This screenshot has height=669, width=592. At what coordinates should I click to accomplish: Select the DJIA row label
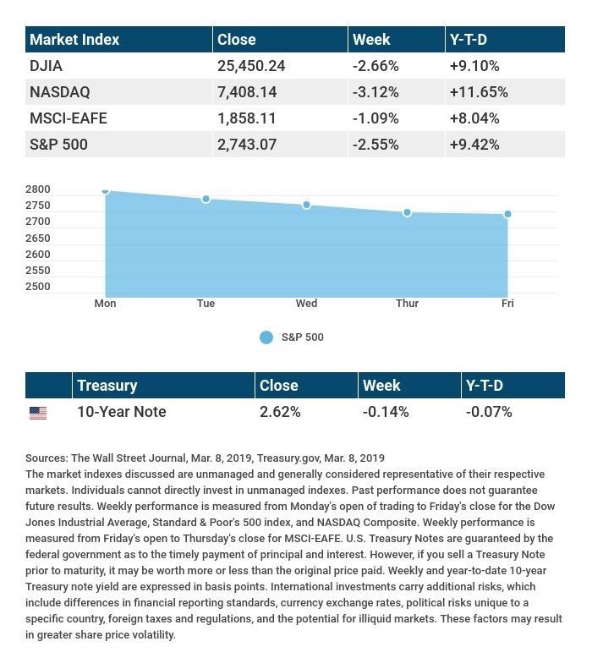[46, 65]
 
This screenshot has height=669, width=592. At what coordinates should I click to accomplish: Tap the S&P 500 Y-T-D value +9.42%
[474, 145]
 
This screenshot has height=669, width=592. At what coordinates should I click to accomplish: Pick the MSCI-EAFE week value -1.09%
[375, 118]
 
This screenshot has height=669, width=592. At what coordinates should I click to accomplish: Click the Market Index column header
[74, 39]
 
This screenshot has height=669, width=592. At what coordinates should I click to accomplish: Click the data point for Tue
[206, 199]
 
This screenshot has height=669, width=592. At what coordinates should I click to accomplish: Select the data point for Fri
[507, 214]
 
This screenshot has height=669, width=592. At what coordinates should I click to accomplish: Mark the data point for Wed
[306, 205]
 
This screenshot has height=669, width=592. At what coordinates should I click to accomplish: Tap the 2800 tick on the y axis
[38, 189]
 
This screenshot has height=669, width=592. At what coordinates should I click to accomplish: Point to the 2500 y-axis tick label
[38, 287]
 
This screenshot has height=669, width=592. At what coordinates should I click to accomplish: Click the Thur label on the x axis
[407, 304]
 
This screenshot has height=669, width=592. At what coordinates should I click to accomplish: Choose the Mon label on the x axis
[105, 304]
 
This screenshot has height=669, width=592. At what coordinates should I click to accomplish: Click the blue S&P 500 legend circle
[266, 337]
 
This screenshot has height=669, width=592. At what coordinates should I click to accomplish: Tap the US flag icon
[38, 413]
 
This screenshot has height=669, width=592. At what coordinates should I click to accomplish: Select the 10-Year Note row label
[121, 412]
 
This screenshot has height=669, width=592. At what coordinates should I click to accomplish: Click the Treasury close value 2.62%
[280, 412]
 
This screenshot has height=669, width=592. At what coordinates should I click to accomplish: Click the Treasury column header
[107, 386]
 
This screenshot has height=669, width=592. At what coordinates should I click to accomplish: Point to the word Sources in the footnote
[46, 458]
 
